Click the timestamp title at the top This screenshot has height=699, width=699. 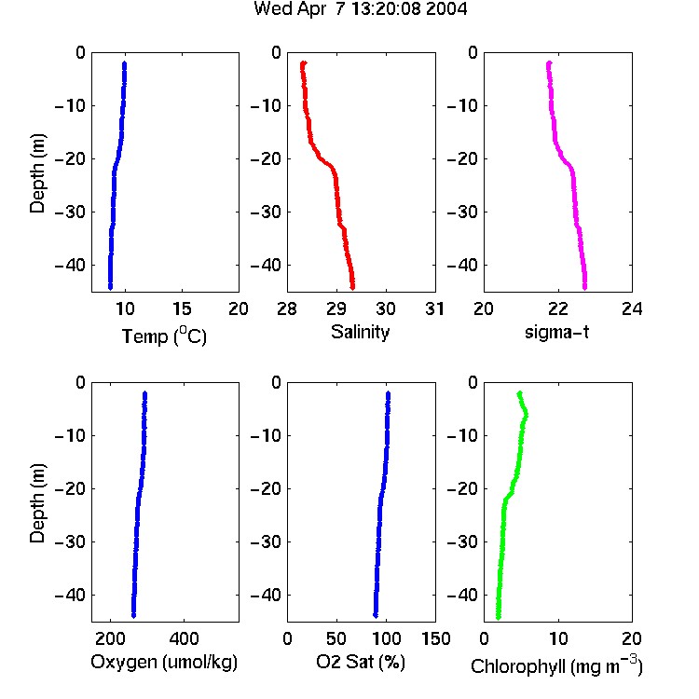coord(360,8)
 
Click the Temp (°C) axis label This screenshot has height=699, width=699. coord(164,336)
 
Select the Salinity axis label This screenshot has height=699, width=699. coord(360,333)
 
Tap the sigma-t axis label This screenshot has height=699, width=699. coord(556,332)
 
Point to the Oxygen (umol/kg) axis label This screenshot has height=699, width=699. coord(164,663)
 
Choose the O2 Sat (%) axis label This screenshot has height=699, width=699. coord(361,662)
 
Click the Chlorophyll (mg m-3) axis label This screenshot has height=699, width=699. coord(556,665)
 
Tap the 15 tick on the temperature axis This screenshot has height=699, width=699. coord(182,308)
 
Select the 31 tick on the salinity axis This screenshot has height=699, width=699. coord(434,308)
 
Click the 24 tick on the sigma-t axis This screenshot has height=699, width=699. coord(632,308)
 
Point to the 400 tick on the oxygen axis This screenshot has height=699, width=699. coord(184,638)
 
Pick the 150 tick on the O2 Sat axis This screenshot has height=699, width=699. coord(436,638)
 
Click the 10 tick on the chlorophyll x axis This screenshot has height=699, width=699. coord(558,638)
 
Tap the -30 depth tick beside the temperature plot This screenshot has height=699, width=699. coord(70,212)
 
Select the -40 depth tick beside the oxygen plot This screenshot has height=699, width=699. coord(70,595)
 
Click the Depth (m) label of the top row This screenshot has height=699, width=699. coord(37,173)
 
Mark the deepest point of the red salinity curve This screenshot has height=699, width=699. coord(352,287)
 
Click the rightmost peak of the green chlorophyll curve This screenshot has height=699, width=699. coord(526,416)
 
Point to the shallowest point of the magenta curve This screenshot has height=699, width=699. coord(549,64)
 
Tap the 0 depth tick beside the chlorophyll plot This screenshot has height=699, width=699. coord(473,382)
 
